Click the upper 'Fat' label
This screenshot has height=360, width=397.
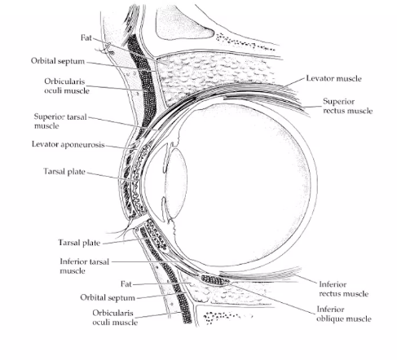[x=86, y=37]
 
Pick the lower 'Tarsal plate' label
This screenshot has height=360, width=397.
[x=79, y=243]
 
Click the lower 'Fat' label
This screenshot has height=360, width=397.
[x=126, y=284]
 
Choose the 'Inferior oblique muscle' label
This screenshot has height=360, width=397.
[x=342, y=314]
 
